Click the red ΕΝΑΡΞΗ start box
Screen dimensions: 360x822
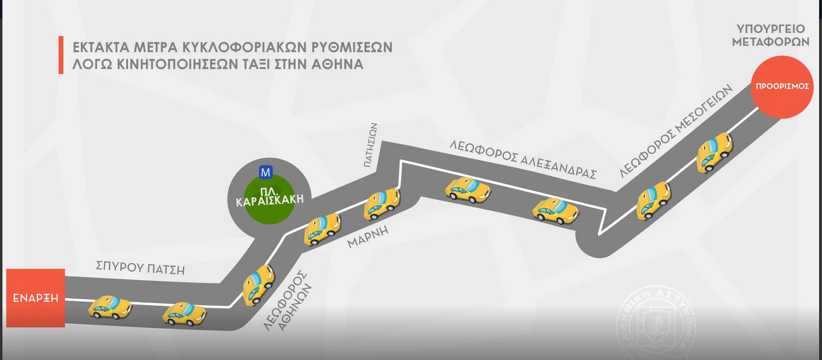coord(35,298)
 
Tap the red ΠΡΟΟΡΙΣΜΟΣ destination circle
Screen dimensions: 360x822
coord(782,87)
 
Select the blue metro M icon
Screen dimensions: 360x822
coord(265,172)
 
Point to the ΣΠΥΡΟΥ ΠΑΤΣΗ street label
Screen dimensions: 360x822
coord(140,267)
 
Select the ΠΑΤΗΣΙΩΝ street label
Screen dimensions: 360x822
coord(371,145)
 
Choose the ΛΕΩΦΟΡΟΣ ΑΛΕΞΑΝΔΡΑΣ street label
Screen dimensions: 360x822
coord(523,159)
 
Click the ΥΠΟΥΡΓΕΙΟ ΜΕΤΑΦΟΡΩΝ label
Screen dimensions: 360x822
coord(770,35)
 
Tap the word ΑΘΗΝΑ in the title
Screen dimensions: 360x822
coord(337,64)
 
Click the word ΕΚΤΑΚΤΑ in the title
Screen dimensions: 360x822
coord(101,47)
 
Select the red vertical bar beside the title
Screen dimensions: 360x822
coord(61,55)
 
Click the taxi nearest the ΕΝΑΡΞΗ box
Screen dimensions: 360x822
coord(110,307)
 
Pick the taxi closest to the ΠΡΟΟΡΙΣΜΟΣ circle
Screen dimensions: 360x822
coord(714,151)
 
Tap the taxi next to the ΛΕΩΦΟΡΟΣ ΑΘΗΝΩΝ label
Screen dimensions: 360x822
coord(258,284)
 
